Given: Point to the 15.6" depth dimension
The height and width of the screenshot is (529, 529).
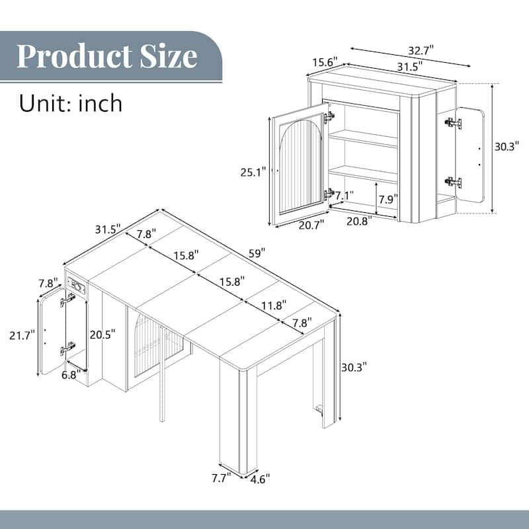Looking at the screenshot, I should pyautogui.click(x=325, y=61).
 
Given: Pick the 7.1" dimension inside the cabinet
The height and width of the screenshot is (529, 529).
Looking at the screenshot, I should pyautogui.click(x=345, y=196).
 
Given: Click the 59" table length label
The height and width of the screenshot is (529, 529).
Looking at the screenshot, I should pyautogui.click(x=257, y=253).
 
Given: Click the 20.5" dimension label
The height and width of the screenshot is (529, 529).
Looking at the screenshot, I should pyautogui.click(x=104, y=334).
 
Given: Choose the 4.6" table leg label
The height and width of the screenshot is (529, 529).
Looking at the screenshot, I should pyautogui.click(x=259, y=477).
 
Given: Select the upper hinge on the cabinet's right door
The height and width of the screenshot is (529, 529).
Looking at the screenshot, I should pyautogui.click(x=453, y=123).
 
